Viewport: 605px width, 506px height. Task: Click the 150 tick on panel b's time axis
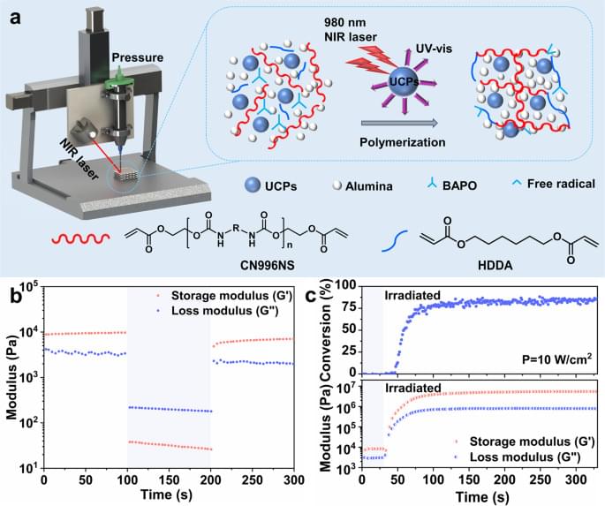point(170,479)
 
